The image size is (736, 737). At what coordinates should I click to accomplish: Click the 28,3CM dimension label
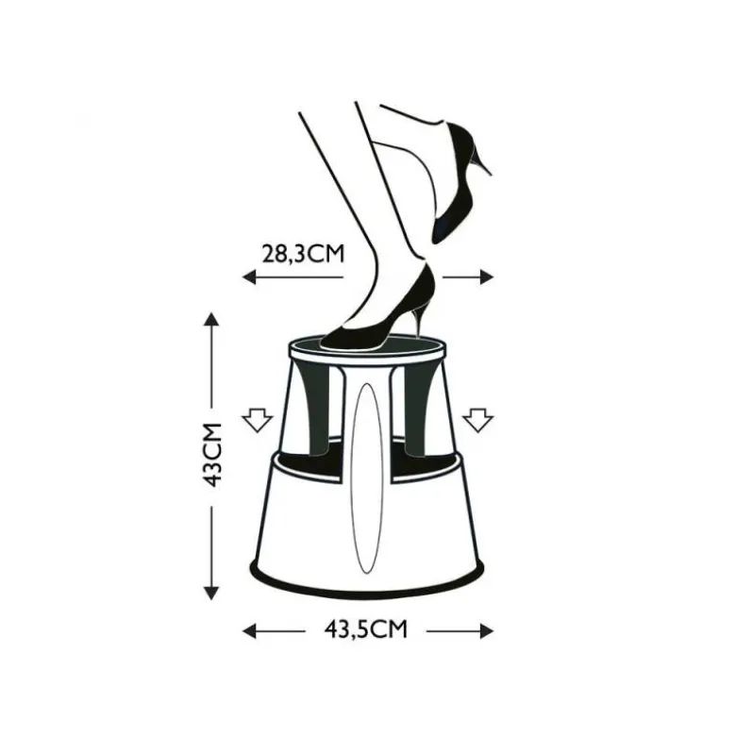[x=303, y=253]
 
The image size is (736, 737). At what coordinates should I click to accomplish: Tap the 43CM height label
[x=211, y=455]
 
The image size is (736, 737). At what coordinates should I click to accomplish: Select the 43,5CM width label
[x=366, y=628]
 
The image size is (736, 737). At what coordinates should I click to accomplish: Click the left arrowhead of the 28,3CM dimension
[x=249, y=277]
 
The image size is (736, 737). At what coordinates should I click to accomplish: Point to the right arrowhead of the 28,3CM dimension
[x=487, y=277]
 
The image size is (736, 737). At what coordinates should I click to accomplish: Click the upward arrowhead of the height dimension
[x=211, y=320]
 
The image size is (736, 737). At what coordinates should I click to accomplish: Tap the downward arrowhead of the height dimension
[x=211, y=593]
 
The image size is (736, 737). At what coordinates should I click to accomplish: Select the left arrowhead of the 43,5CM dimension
[x=249, y=630]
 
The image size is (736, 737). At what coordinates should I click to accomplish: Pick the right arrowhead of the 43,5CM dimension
[x=487, y=630]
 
